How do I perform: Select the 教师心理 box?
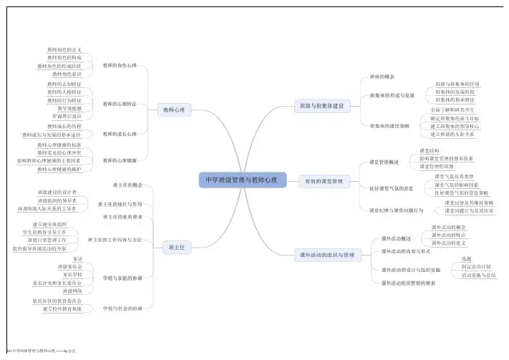(x=174, y=110)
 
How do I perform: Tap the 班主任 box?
(x=176, y=247)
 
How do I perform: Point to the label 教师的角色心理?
(x=120, y=65)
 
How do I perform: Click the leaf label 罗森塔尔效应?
(x=67, y=117)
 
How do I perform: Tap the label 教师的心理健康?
(x=120, y=160)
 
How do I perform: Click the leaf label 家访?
(x=77, y=258)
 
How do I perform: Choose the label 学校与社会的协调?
(x=122, y=308)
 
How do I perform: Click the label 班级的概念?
(x=383, y=76)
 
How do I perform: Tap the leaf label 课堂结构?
(x=430, y=151)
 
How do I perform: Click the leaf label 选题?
(x=467, y=258)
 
